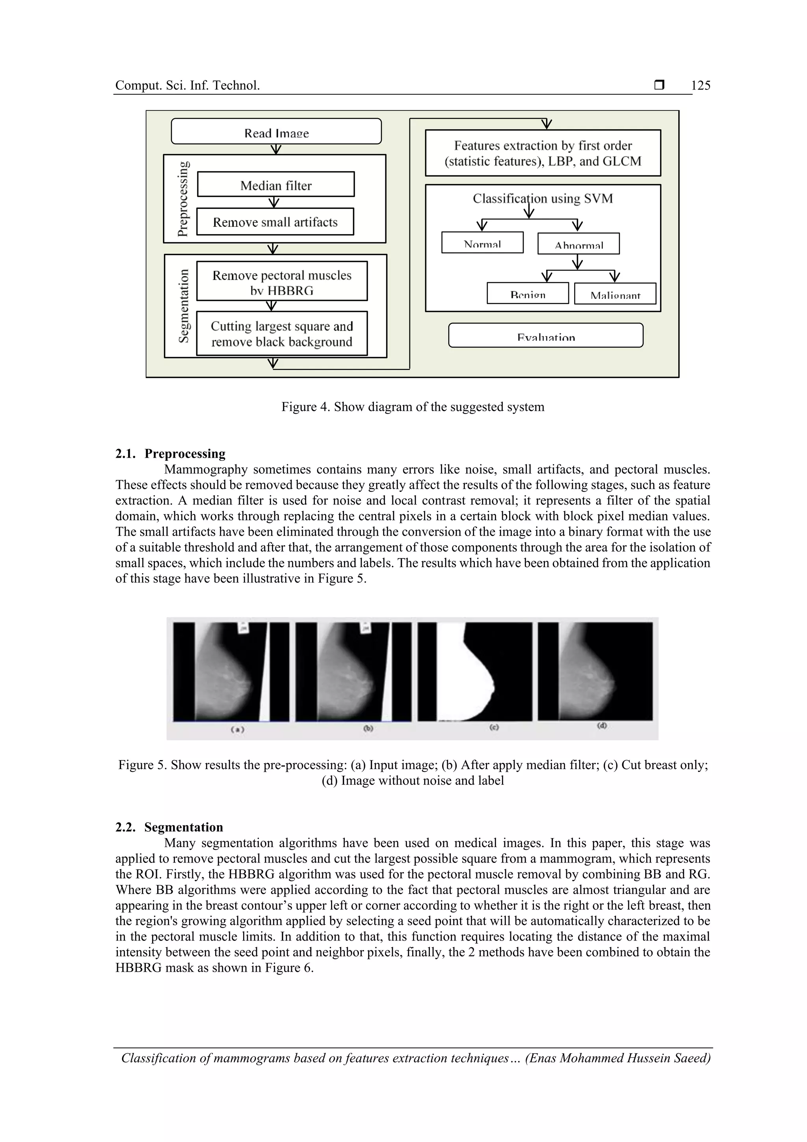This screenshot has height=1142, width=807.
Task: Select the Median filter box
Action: (x=276, y=184)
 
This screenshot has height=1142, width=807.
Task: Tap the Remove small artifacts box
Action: (x=275, y=222)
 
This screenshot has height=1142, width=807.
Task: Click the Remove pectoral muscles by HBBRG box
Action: (x=282, y=281)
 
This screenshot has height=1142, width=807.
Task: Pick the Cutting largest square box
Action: (x=282, y=333)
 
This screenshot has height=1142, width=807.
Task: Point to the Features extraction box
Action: (x=543, y=153)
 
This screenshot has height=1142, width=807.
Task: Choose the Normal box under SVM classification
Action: (x=482, y=243)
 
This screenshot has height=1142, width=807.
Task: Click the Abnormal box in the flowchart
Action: (x=578, y=244)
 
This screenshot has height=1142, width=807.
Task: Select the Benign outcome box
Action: (x=528, y=293)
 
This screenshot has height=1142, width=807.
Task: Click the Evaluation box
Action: (x=545, y=336)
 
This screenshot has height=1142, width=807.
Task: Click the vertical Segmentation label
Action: (x=184, y=306)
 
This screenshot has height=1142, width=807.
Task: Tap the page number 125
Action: (x=701, y=86)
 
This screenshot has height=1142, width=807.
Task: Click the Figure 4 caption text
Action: (x=413, y=407)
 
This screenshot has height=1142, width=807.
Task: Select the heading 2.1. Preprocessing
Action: (x=170, y=454)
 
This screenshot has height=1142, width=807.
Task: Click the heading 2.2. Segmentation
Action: (x=169, y=827)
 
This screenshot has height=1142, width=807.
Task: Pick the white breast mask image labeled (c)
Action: (x=474, y=671)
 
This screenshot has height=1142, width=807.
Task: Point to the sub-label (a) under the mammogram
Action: (x=237, y=729)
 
